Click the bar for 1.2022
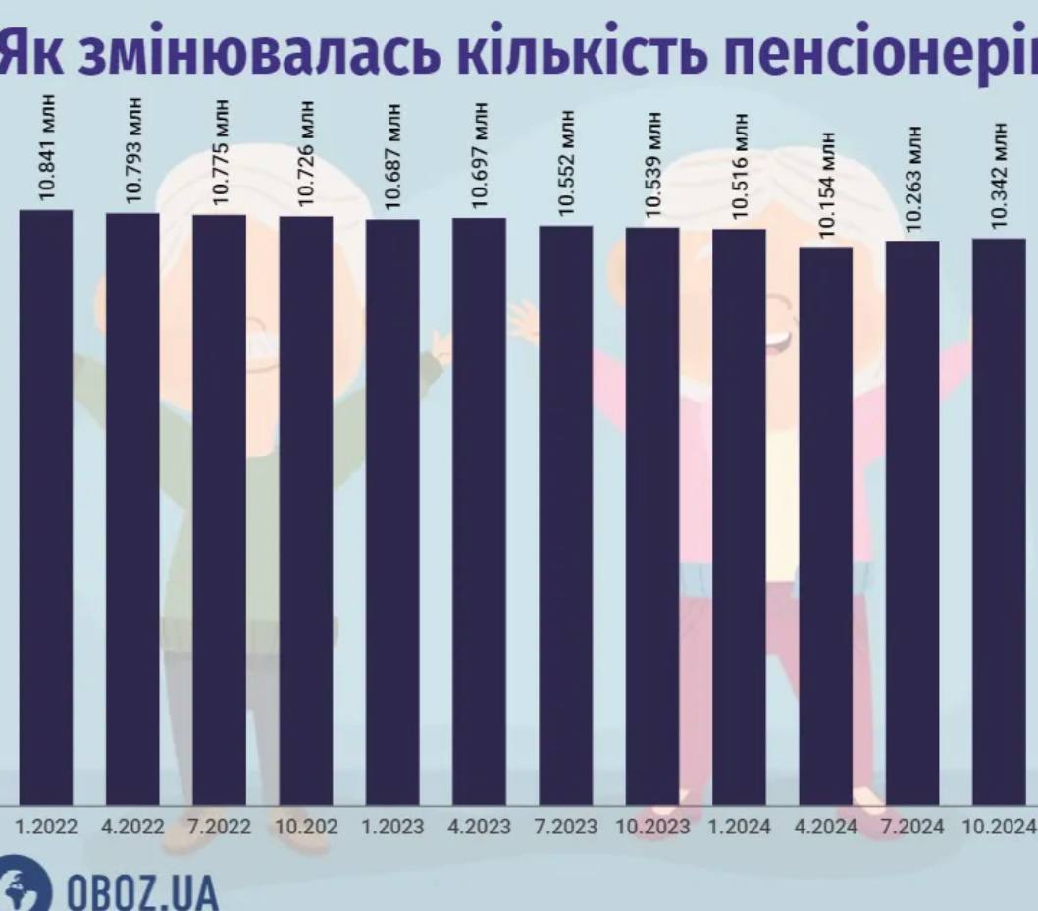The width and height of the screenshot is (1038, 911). tap(46, 507)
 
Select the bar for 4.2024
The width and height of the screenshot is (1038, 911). tap(826, 526)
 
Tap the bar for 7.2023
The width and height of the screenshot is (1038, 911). tap(566, 515)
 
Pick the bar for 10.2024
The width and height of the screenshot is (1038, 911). tap(999, 521)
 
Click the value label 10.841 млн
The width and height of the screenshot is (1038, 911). tap(46, 148)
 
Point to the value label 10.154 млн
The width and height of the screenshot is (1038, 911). tap(826, 185)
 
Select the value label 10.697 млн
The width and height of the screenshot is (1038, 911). tap(480, 154)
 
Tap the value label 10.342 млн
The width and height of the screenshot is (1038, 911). tap(999, 176)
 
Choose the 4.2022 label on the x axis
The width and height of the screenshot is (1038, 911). tap(133, 827)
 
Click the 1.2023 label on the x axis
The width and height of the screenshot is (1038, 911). tap(392, 827)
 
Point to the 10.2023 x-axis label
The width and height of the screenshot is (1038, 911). tap(652, 827)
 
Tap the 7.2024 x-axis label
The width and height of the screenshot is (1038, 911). tap(912, 827)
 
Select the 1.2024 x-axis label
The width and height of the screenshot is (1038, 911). tap(739, 827)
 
